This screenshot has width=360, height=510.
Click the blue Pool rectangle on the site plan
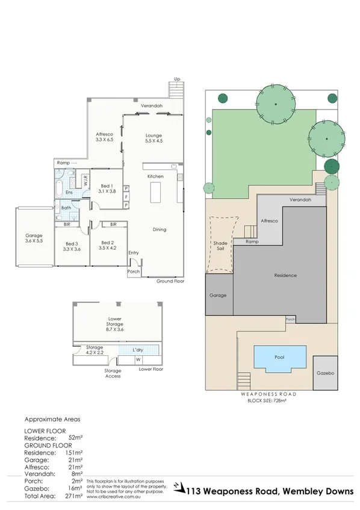[279, 357]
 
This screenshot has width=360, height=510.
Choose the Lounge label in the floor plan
[154, 135]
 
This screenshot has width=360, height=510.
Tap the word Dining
[159, 229]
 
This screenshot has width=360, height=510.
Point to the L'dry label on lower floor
[138, 350]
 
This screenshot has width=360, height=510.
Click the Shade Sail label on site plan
[220, 246]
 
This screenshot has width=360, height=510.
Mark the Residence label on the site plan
[285, 275]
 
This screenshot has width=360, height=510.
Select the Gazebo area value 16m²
[75, 488]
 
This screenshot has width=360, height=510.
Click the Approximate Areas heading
[52, 418]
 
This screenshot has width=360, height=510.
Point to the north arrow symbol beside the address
[178, 485]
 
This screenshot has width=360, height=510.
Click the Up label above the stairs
[176, 79]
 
